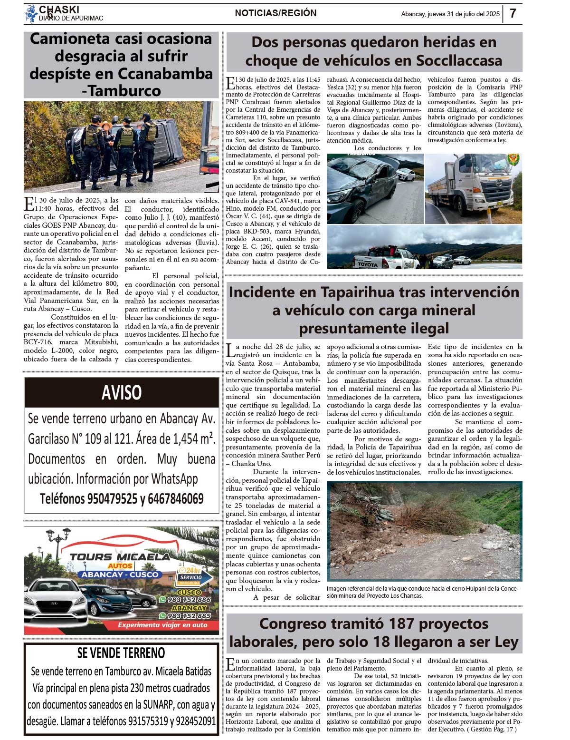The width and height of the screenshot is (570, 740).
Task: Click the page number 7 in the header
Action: (x=513, y=13)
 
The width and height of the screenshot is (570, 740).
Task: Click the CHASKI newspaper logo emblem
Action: (x=31, y=14)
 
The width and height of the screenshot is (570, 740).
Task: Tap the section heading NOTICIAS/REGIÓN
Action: (x=275, y=13)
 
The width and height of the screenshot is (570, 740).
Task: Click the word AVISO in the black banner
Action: (x=122, y=393)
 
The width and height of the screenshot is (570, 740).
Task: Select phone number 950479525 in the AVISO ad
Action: (x=112, y=498)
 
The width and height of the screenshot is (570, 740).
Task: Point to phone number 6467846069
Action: (x=176, y=498)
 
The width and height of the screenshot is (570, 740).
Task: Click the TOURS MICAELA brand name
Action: (x=120, y=557)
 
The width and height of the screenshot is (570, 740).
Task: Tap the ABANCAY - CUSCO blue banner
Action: (x=120, y=574)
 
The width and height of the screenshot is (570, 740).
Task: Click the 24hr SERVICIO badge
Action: (x=190, y=575)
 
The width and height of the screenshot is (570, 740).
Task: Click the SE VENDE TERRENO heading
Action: (x=121, y=653)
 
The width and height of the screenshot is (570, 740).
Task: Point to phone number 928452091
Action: (x=196, y=721)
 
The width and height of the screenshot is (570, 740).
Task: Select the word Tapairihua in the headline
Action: (x=345, y=292)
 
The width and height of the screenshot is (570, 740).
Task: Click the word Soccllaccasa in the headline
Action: (x=459, y=60)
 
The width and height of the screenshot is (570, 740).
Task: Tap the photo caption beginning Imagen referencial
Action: (x=422, y=592)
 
